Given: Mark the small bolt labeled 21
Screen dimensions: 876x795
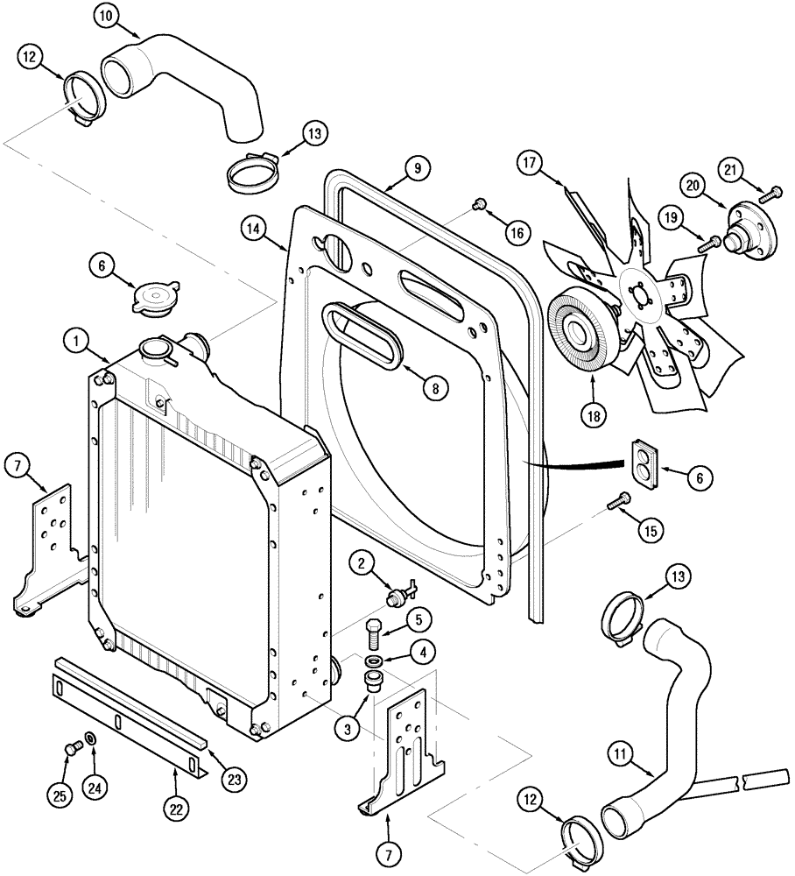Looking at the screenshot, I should (773, 192).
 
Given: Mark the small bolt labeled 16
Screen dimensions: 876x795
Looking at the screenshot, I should (479, 205).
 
